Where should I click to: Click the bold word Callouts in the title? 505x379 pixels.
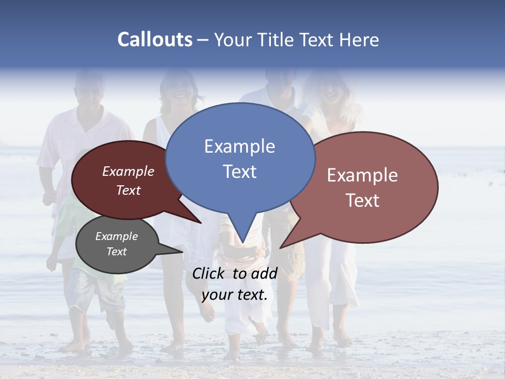pos(155,39)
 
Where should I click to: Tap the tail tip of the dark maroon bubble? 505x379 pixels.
pos(200,222)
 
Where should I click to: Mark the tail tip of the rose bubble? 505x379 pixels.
pos(280,247)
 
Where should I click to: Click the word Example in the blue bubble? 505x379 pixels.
pos(239,146)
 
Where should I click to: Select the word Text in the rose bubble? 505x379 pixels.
pos(362,201)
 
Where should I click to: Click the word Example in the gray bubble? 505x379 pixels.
pos(116,236)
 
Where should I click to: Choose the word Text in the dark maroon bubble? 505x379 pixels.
pos(128,190)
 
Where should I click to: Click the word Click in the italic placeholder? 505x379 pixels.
pos(209,273)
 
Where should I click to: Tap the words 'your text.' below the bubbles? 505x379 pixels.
pos(235,295)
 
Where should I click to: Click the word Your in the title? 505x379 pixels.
pos(233,39)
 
